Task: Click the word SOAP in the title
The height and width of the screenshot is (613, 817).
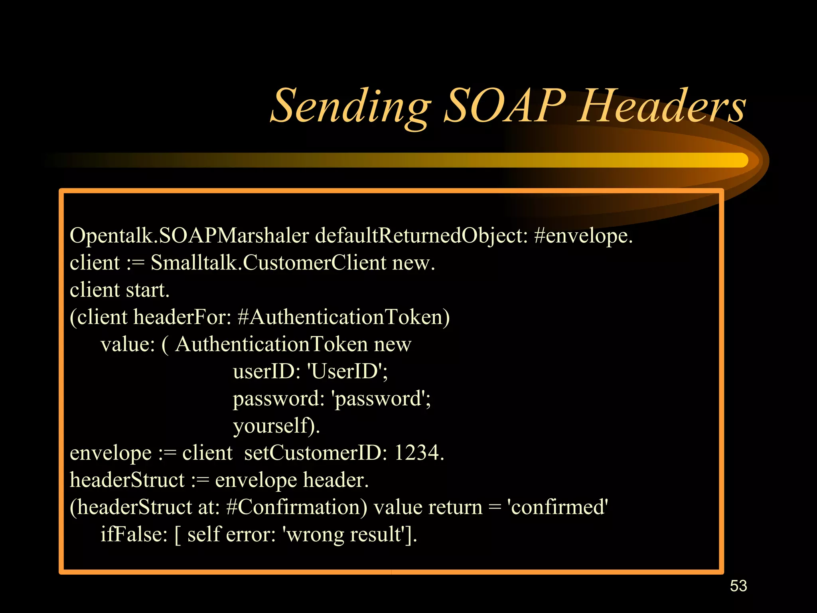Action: (x=505, y=106)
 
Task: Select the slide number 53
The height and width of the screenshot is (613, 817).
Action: (x=738, y=586)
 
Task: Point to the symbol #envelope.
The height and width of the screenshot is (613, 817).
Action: (x=583, y=235)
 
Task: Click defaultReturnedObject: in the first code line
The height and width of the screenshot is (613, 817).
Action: (x=421, y=235)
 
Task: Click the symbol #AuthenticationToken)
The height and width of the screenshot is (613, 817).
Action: (x=343, y=317)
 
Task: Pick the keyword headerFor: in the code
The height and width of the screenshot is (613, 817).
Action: (x=182, y=317)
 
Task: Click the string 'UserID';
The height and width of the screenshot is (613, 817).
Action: (x=347, y=372)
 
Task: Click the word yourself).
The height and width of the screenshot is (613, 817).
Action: (x=276, y=426)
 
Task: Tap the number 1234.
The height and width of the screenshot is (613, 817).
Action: (x=419, y=453)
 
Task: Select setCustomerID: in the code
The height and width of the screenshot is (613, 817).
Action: (x=316, y=453)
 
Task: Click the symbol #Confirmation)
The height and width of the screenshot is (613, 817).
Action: (x=296, y=507)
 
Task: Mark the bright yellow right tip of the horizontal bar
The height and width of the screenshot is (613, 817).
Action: (x=740, y=160)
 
